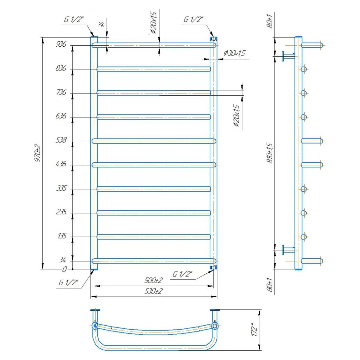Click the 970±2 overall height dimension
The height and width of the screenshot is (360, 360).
[x=38, y=153]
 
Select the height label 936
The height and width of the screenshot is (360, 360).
[x=61, y=44]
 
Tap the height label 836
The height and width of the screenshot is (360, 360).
[x=61, y=68]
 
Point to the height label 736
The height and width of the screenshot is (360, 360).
[x=61, y=92]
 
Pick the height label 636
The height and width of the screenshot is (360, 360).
[x=61, y=116]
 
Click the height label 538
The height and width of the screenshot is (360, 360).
[x=61, y=140]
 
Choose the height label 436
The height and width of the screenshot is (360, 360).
[x=61, y=164]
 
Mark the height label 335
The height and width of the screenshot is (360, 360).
[x=61, y=188]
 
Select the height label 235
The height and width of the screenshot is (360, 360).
[x=61, y=212]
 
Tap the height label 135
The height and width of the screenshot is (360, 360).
[x=62, y=236]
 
